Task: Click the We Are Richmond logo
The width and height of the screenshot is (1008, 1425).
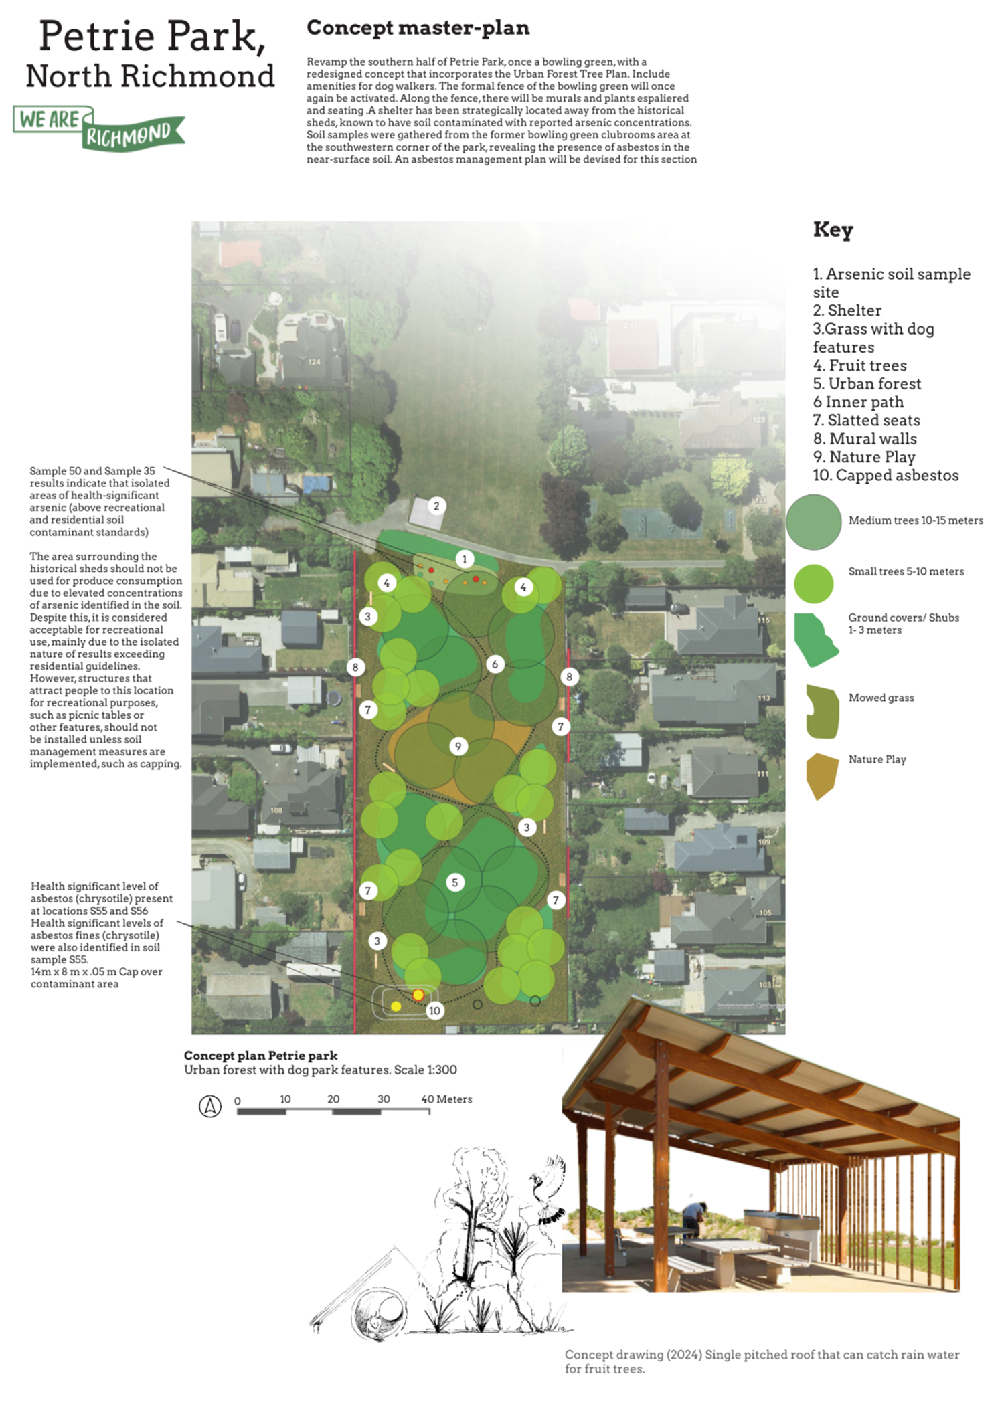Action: [x=99, y=128]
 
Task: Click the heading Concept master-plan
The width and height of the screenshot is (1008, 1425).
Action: [x=418, y=28]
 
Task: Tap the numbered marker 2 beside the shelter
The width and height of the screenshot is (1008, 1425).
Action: [x=436, y=506]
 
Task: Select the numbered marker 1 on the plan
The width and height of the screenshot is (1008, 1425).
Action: [x=465, y=559]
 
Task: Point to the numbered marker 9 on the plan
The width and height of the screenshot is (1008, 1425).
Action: [x=458, y=746]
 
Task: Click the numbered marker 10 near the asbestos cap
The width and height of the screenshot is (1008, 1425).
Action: [x=435, y=1010]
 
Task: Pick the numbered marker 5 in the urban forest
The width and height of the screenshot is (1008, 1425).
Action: [x=455, y=882]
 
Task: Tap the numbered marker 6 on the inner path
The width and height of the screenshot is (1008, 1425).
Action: [x=495, y=664]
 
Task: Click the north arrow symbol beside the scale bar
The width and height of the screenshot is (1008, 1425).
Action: [x=210, y=1106]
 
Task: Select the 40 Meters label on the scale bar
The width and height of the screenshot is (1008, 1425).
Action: [x=446, y=1099]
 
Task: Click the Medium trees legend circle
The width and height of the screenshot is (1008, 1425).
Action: [x=814, y=522]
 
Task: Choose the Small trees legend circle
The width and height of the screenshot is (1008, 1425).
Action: [x=814, y=583]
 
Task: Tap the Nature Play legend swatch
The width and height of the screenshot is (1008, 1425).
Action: [x=823, y=777]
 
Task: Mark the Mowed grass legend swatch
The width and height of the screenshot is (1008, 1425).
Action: [x=823, y=712]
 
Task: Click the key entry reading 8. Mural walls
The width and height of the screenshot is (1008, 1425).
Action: [x=865, y=439]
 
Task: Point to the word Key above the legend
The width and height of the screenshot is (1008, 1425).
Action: [x=833, y=229]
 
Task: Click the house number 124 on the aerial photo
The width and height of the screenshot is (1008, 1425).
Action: [x=315, y=362]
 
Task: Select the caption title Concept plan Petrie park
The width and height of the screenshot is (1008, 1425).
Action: [x=260, y=1056]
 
